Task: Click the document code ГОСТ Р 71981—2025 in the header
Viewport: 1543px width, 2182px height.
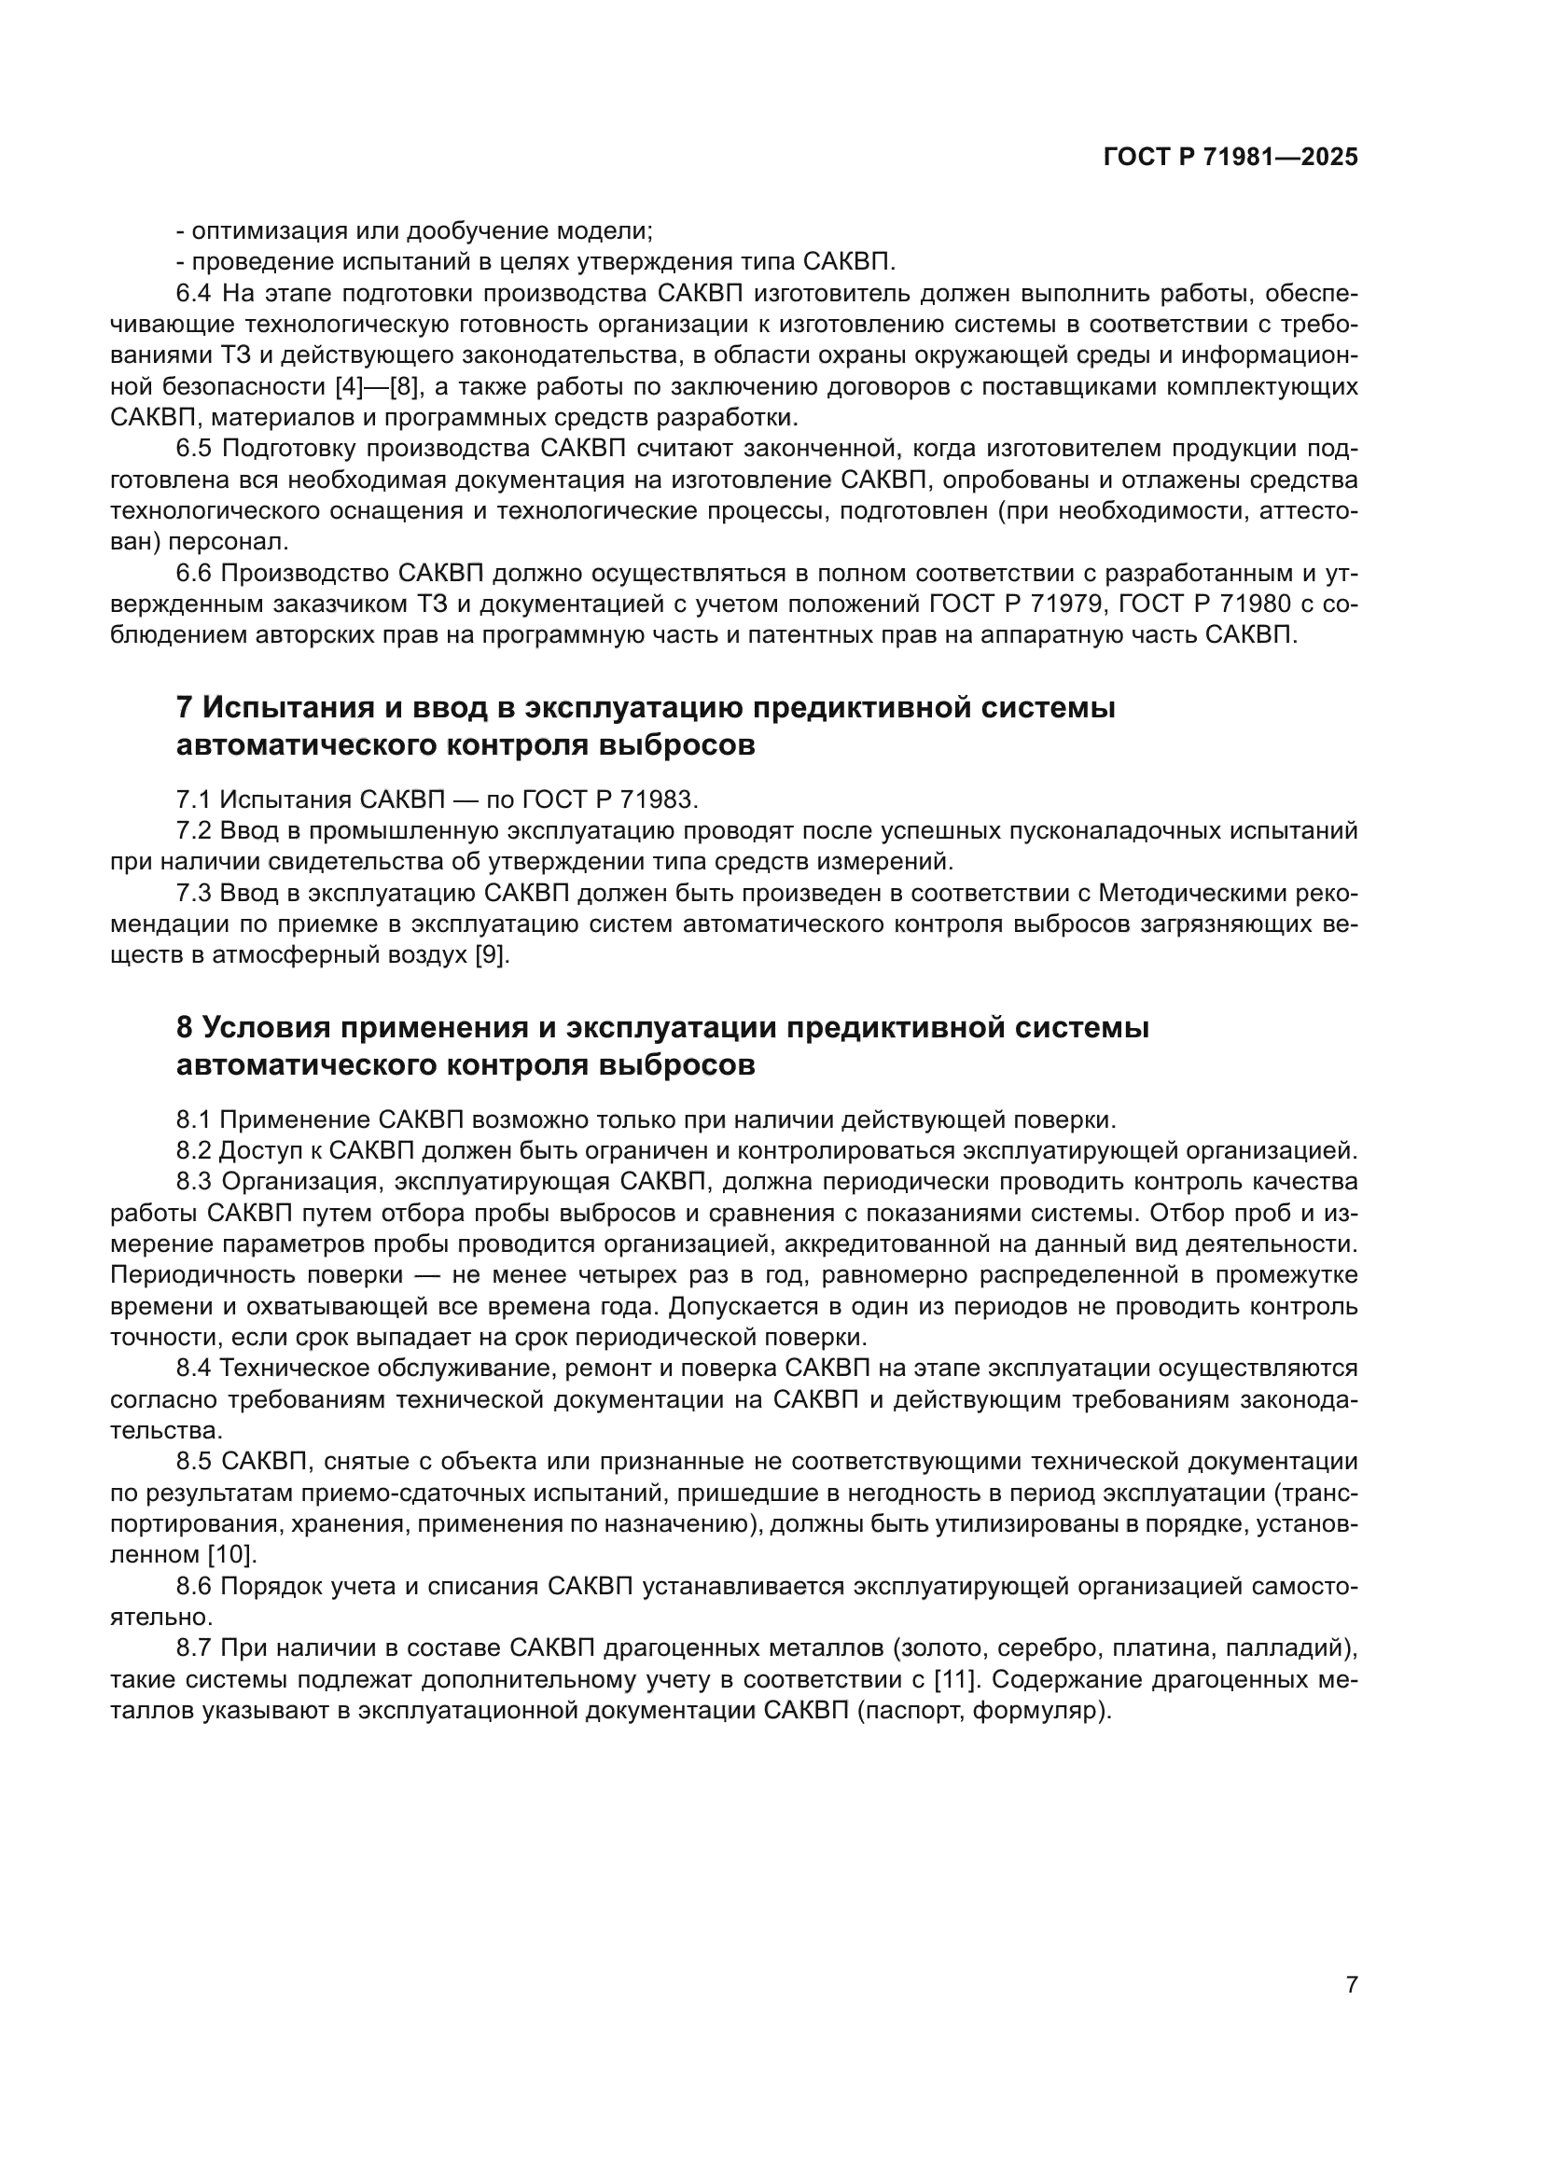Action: pyautogui.click(x=1230, y=158)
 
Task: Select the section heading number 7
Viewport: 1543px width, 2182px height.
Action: pyautogui.click(x=186, y=707)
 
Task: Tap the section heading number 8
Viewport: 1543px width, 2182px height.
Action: pyautogui.click(x=186, y=1027)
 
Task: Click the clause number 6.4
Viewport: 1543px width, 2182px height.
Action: pyautogui.click(x=195, y=294)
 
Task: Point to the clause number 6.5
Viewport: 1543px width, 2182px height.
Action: pyautogui.click(x=195, y=449)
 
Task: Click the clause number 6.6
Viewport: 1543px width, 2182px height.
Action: pyautogui.click(x=195, y=573)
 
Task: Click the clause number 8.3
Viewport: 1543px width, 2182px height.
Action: pyautogui.click(x=195, y=1181)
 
